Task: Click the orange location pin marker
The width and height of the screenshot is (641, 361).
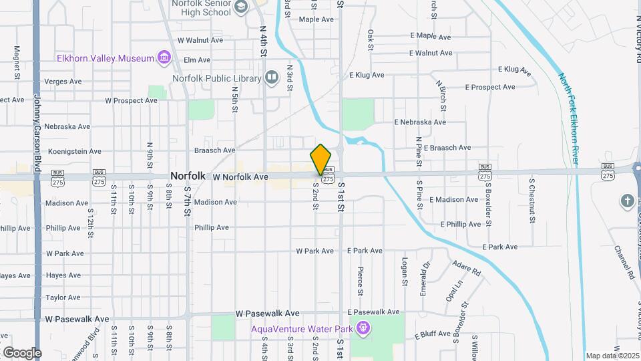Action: tap(321, 159)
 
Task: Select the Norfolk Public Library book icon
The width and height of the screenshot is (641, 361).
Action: tap(272, 78)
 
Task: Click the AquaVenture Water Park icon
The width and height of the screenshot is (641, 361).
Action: tap(363, 328)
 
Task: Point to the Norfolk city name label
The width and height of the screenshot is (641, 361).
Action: tap(187, 176)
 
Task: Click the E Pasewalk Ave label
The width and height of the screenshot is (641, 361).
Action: tap(373, 312)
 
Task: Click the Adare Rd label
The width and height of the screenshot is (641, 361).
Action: tap(466, 269)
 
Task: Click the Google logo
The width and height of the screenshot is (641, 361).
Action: tap(22, 353)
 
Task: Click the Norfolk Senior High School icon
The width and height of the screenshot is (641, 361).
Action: tap(241, 7)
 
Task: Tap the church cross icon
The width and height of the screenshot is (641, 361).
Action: tap(626, 201)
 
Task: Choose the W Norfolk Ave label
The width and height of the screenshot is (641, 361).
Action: tap(240, 177)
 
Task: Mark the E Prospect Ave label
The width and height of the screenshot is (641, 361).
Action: tap(490, 87)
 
